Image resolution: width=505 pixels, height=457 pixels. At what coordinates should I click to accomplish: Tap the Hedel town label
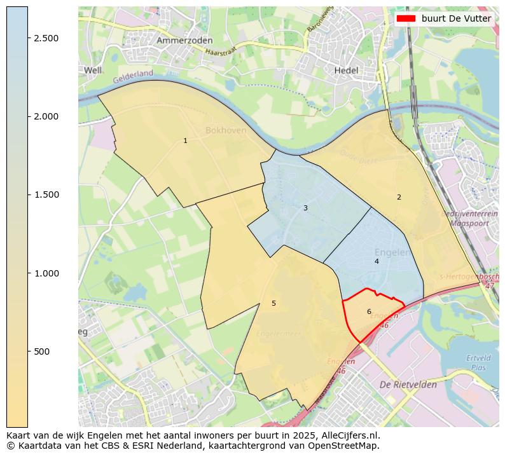point(347,71)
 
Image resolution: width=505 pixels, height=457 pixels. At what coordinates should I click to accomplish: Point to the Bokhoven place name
point(226,130)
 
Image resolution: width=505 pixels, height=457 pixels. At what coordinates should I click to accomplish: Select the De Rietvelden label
point(408,385)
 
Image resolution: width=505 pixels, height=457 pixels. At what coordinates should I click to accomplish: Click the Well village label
point(93,70)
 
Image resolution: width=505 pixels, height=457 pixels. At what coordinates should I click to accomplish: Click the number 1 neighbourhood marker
point(185,140)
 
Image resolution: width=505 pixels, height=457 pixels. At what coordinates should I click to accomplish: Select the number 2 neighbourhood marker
point(399,197)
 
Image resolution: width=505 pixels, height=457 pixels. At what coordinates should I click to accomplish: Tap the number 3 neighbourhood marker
point(305,208)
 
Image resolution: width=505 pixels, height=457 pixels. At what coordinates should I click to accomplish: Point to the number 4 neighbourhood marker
point(377,261)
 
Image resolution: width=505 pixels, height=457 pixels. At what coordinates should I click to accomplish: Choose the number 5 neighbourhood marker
point(273,303)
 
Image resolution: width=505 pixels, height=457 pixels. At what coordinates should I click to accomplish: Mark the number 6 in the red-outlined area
point(369,311)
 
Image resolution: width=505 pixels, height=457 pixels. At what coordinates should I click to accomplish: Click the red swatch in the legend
point(405,18)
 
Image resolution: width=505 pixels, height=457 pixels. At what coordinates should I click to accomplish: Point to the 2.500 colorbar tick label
point(46,38)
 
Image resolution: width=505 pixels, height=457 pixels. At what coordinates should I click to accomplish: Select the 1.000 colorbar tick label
point(46,273)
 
